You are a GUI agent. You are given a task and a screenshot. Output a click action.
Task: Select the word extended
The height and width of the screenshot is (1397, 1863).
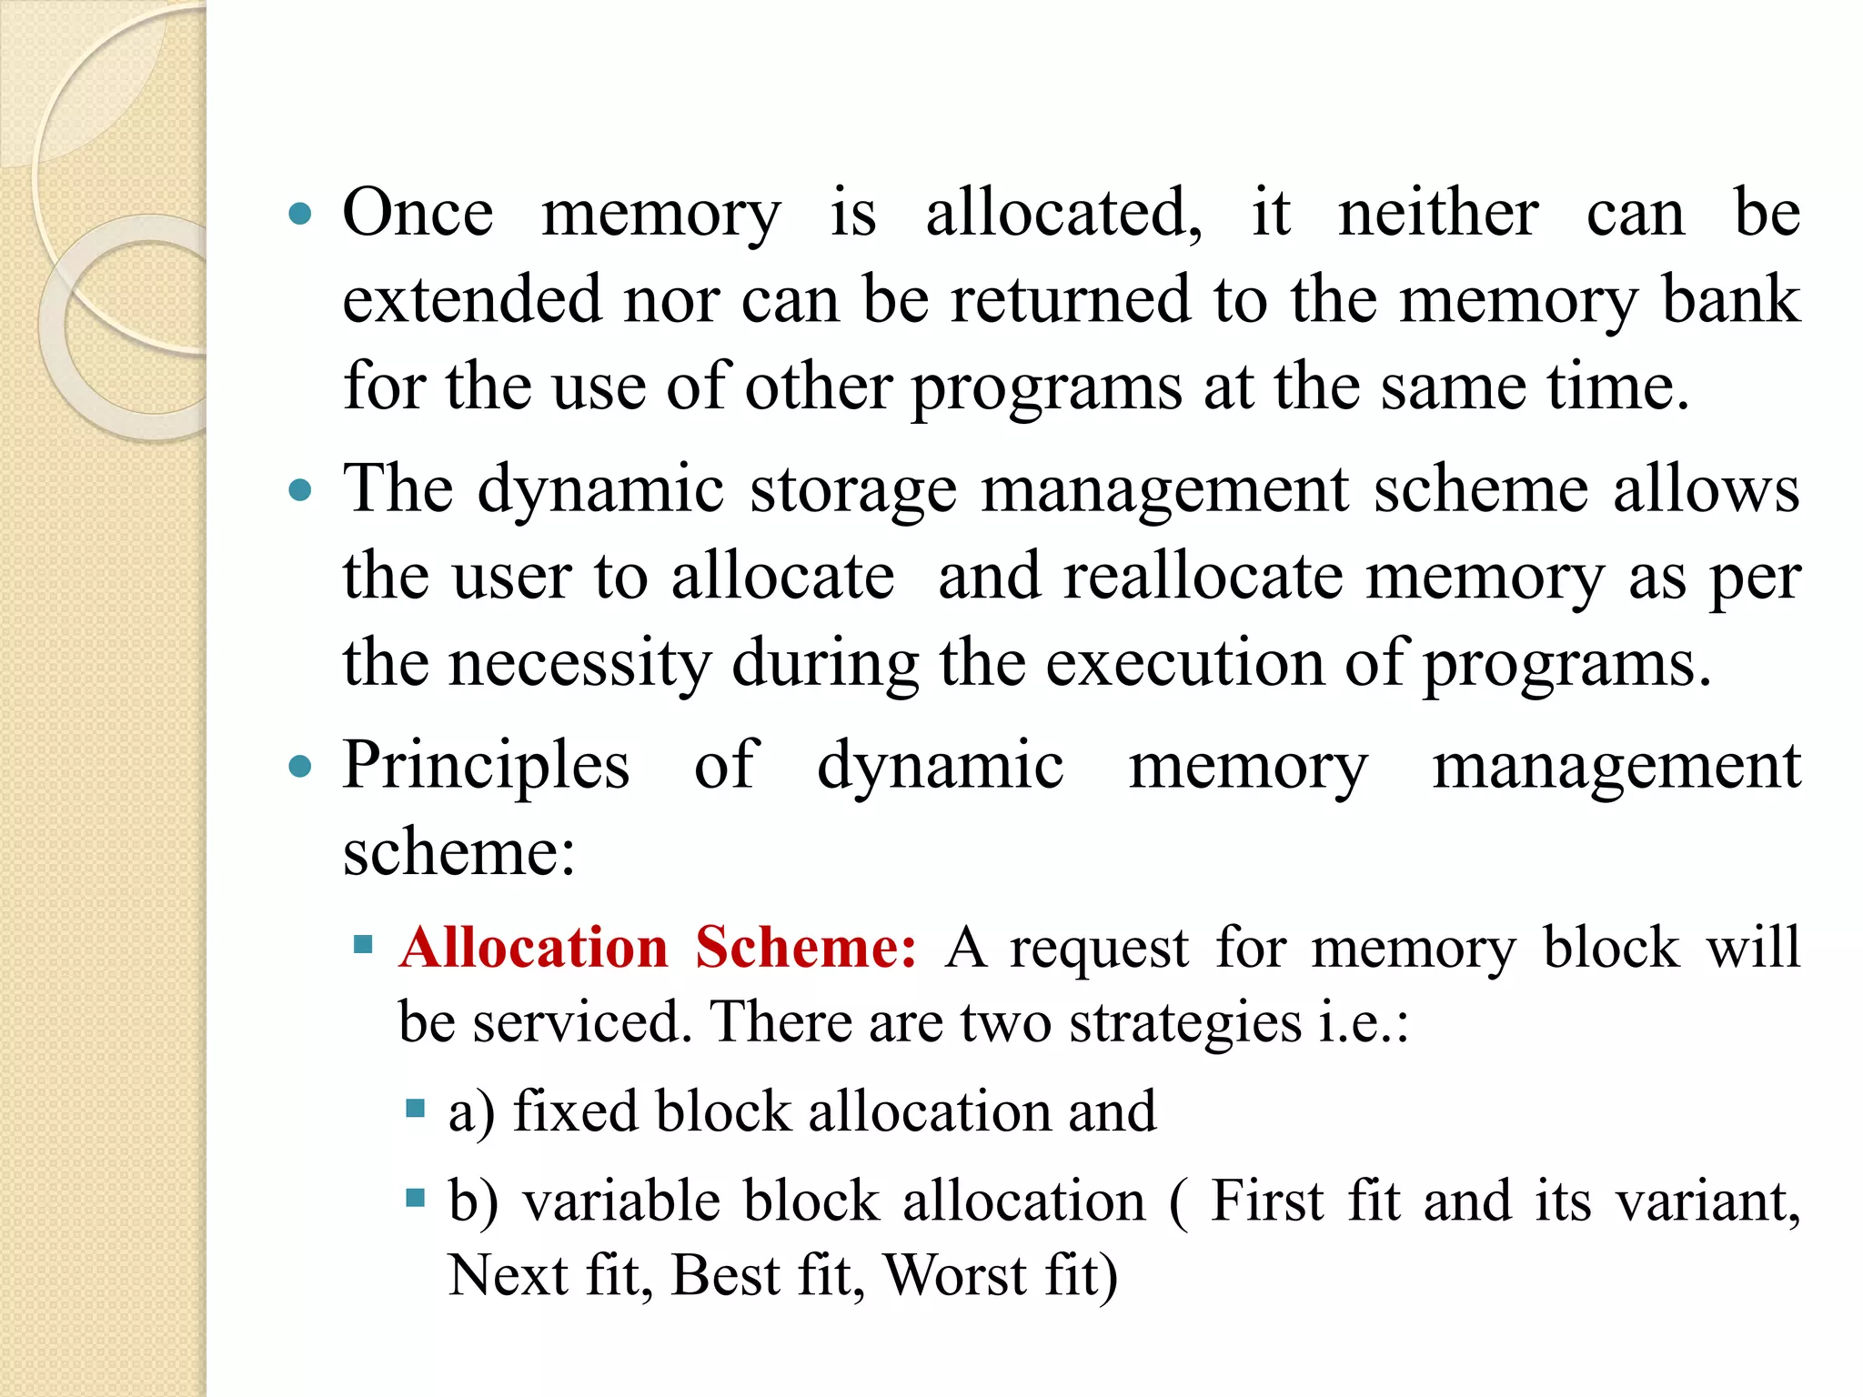472,299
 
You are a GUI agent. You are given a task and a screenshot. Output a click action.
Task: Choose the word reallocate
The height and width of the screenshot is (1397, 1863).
1203,577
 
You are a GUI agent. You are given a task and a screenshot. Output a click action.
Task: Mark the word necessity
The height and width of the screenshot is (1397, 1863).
579,663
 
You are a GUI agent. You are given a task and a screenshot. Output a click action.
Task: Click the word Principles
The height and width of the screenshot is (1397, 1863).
486,766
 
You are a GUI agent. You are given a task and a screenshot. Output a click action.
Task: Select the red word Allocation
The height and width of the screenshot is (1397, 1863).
534,948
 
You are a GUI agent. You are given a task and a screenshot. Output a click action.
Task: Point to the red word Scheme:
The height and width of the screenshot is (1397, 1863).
805,948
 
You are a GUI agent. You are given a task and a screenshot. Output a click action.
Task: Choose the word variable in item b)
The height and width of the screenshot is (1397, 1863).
621,1201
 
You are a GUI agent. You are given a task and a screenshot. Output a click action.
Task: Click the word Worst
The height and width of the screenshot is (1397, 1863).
955,1275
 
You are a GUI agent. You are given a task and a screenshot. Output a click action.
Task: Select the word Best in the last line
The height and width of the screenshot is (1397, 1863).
724,1275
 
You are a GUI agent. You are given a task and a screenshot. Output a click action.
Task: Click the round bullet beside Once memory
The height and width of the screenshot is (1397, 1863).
299,216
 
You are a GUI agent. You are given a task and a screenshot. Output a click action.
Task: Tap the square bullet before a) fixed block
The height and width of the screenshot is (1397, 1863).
416,1108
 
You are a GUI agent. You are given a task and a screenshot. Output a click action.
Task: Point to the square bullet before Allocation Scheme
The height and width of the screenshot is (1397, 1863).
364,944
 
